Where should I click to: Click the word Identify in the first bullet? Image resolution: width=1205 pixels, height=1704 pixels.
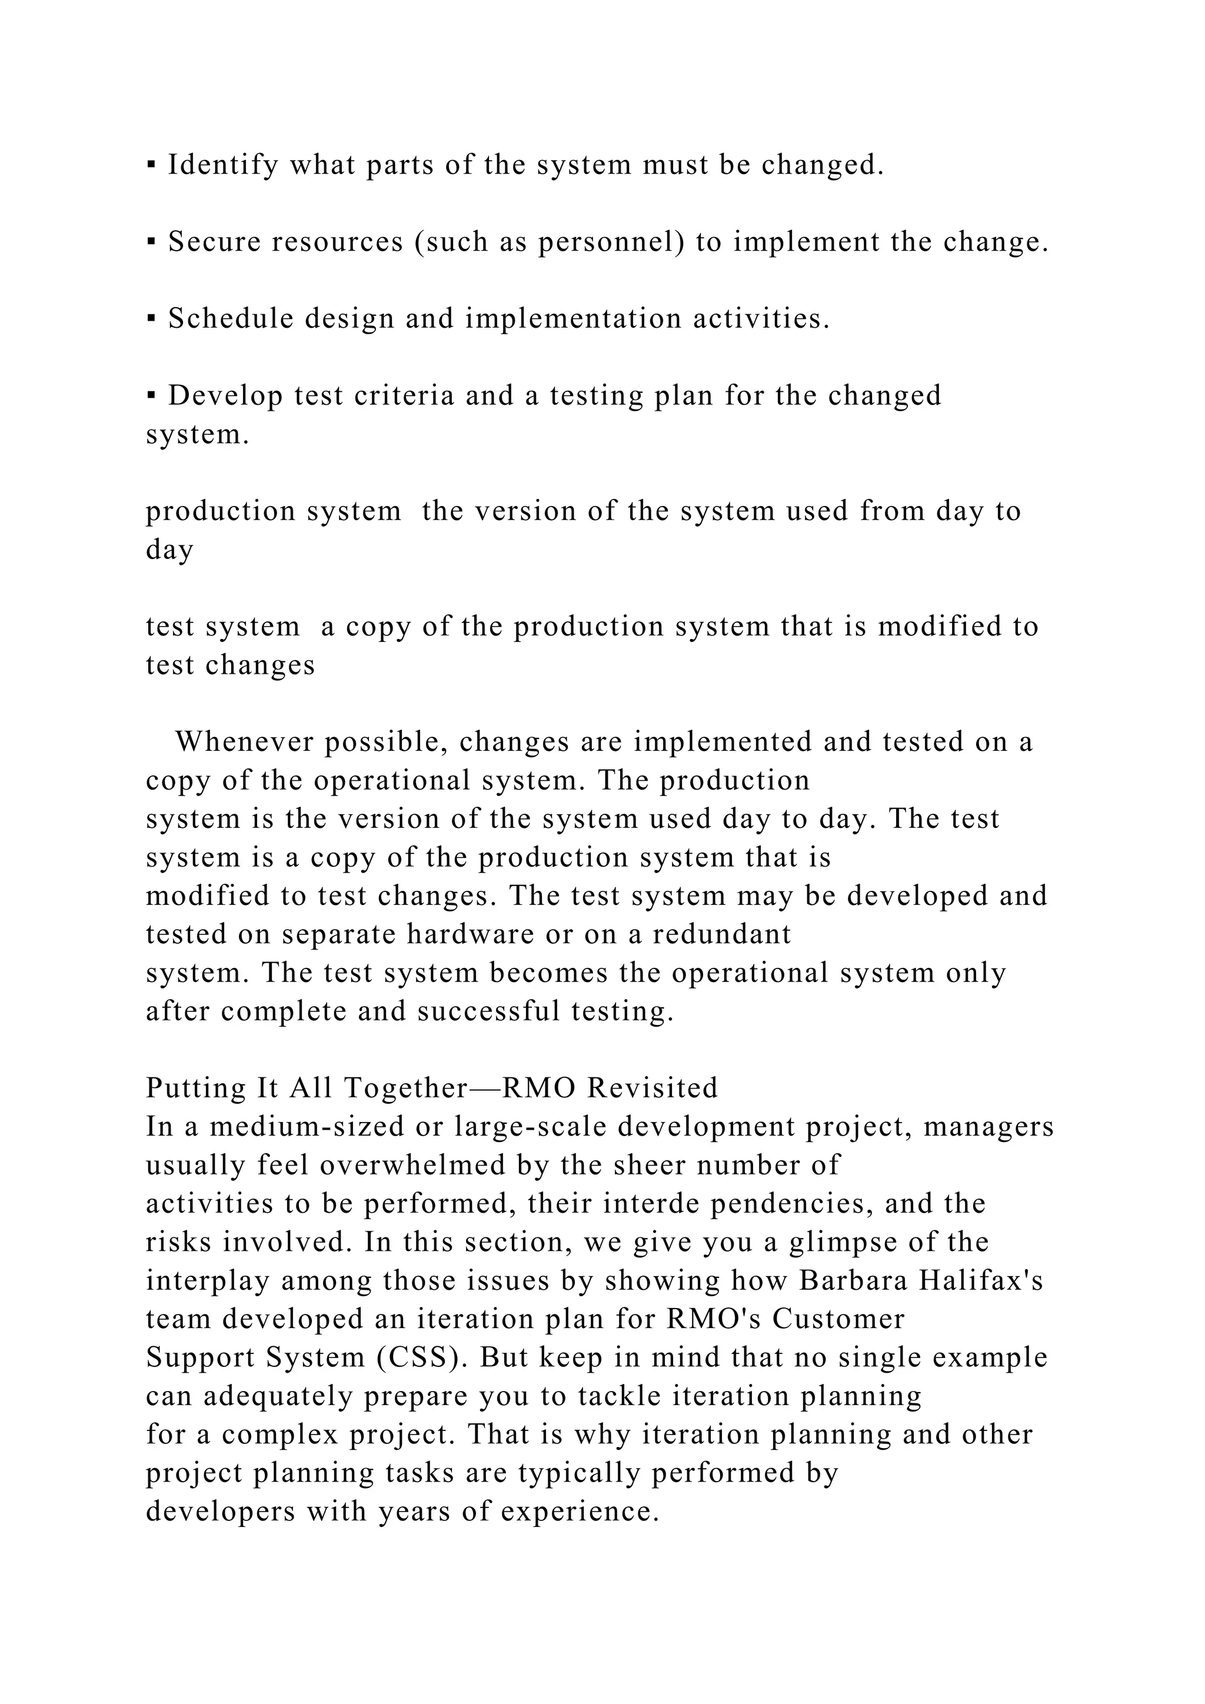222,165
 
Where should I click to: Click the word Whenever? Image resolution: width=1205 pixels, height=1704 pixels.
242,742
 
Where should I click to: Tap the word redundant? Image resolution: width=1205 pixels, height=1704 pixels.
722,934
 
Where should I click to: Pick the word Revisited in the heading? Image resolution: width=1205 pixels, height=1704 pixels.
653,1089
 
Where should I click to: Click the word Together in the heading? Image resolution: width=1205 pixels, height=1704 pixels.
404,1089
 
